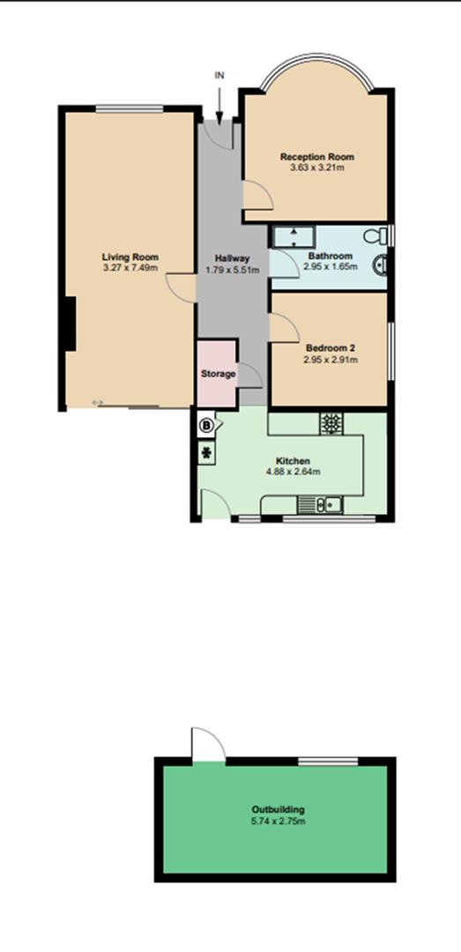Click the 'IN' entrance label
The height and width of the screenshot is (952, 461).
pyautogui.click(x=219, y=76)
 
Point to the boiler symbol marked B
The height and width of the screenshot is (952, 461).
pyautogui.click(x=207, y=425)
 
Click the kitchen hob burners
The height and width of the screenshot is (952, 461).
pyautogui.click(x=332, y=424)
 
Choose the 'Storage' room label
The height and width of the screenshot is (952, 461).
pyautogui.click(x=218, y=374)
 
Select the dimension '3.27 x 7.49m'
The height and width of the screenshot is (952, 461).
pyautogui.click(x=130, y=268)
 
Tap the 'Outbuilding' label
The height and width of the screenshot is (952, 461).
pyautogui.click(x=278, y=809)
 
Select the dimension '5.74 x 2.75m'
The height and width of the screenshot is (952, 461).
pyautogui.click(x=278, y=821)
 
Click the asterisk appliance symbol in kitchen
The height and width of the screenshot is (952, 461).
pyautogui.click(x=207, y=454)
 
